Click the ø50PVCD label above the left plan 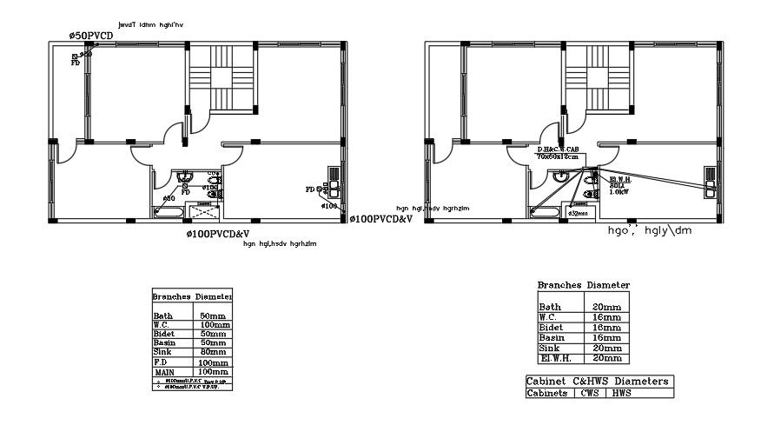click(x=92, y=35)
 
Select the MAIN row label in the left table click(x=165, y=372)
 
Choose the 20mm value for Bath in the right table click(x=606, y=307)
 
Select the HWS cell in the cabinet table click(x=621, y=393)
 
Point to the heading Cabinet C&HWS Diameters click(x=599, y=381)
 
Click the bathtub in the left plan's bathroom click(x=168, y=211)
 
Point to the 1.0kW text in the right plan click(x=619, y=192)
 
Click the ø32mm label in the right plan click(x=578, y=212)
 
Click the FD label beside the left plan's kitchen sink click(x=310, y=189)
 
